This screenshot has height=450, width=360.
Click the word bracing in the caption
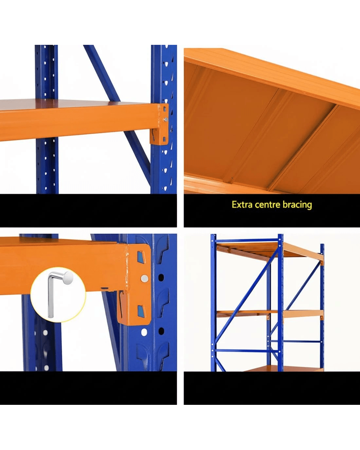click(297, 205)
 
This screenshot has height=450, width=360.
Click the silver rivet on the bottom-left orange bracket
click(144, 278)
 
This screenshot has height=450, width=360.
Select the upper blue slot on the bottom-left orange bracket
click(141, 257)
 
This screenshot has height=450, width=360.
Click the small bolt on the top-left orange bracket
click(166, 119)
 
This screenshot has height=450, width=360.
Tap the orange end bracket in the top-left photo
click(159, 125)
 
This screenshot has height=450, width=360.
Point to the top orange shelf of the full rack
click(270, 251)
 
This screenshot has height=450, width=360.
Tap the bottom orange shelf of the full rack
click(284, 369)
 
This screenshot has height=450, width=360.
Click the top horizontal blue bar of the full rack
click(247, 241)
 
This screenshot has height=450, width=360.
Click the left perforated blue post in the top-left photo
click(47, 119)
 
